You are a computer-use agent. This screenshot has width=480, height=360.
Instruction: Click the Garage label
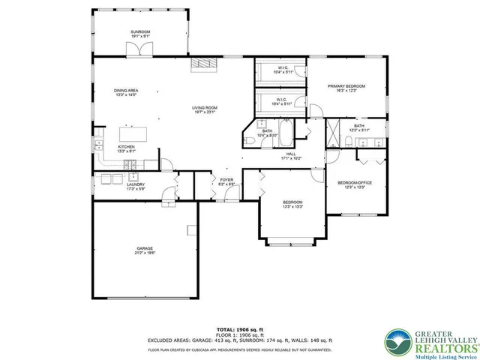pyautogui.click(x=145, y=250)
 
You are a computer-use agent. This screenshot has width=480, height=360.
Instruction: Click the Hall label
pyautogui.click(x=290, y=155)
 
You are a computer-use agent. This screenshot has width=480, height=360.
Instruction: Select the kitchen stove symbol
pyautogui.click(x=136, y=178)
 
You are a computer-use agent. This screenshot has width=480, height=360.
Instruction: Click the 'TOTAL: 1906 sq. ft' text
pyautogui.click(x=240, y=329)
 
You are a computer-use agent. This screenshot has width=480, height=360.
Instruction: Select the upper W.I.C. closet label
pyautogui.click(x=283, y=70)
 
